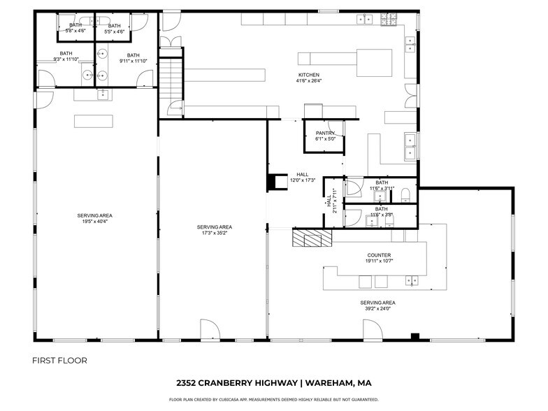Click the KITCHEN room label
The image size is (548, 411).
pyautogui.click(x=308, y=75)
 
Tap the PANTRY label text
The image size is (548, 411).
pyautogui.click(x=325, y=133)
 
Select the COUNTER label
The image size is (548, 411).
pyautogui.click(x=379, y=255)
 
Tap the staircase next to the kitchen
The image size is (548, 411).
pyautogui.click(x=171, y=78)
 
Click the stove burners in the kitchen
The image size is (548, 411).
pyautogui.click(x=388, y=20)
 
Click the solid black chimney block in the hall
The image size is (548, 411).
pyautogui.click(x=272, y=181)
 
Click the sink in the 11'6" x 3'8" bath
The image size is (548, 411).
pyautogui.click(x=370, y=221)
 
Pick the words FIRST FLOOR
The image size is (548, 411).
pyautogui.click(x=60, y=361)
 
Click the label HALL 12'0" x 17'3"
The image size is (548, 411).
pyautogui.click(x=302, y=178)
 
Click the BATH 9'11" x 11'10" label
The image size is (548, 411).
pyautogui.click(x=133, y=58)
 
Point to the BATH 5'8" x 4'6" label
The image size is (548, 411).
pyautogui.click(x=75, y=29)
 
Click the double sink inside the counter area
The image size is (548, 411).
pyautogui.click(x=412, y=280)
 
